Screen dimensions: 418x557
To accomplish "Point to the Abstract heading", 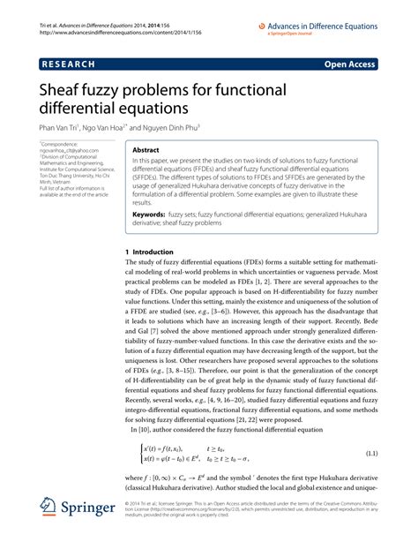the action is (x=146, y=151).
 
